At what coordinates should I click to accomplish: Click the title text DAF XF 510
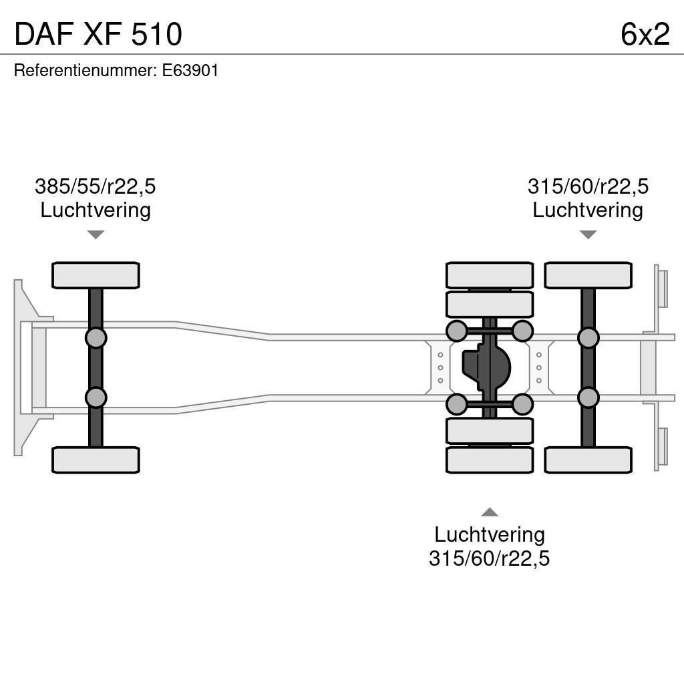pos(98,34)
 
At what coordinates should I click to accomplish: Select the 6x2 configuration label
pos(645,34)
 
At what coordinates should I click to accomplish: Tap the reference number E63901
pos(190,71)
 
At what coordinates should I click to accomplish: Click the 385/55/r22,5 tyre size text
pos(95,186)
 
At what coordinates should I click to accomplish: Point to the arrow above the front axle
pos(96,234)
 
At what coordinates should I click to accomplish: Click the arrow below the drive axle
pos(490,512)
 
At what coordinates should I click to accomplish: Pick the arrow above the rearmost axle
pos(588,234)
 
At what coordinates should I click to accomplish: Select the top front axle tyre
pos(96,275)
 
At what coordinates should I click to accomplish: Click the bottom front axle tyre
pos(96,460)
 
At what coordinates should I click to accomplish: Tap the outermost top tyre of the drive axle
pos(490,275)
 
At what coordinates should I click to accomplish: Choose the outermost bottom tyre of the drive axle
pos(490,460)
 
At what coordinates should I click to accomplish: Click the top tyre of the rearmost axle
pos(588,275)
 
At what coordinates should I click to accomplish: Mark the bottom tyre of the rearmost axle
pos(588,460)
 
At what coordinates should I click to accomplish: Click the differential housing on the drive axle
pos(488,367)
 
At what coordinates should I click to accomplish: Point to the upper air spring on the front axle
pos(96,337)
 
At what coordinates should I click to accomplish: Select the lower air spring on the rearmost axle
pos(588,397)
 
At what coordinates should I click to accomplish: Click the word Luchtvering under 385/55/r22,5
pos(95,210)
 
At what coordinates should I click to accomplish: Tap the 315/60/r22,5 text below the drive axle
pos(489,558)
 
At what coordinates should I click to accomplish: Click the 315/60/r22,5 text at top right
pos(588,186)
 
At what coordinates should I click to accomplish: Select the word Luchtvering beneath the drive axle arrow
pos(489,534)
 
